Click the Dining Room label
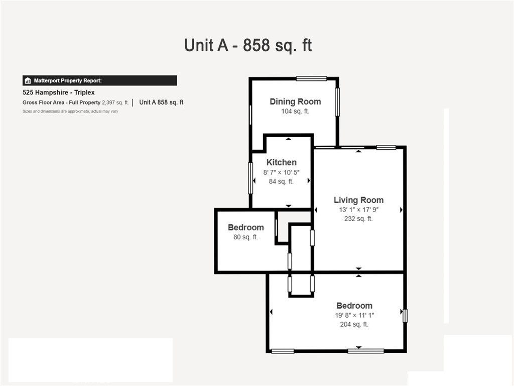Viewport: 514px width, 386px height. tap(295, 102)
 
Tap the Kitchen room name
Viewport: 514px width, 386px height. tap(281, 162)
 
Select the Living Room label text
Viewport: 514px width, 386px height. tap(358, 200)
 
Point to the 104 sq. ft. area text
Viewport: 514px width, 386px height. tap(295, 111)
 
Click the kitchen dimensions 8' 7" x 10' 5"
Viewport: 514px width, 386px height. tap(281, 172)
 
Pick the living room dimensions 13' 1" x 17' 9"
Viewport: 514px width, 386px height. tap(358, 210)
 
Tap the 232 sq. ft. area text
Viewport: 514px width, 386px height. tap(358, 219)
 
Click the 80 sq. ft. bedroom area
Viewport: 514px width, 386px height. tap(246, 237)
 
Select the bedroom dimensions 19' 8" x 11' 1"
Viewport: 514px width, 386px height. tap(354, 316)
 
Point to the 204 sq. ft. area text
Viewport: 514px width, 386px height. tap(354, 324)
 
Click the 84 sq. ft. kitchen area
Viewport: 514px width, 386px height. tap(281, 181)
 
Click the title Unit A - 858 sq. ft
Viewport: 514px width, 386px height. tap(248, 45)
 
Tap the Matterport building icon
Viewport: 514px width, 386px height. tap(28, 81)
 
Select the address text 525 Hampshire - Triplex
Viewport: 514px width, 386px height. tap(59, 92)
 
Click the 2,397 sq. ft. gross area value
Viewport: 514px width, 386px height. tap(115, 103)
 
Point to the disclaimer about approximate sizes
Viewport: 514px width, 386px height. tap(70, 111)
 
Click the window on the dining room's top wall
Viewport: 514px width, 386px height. tap(311, 78)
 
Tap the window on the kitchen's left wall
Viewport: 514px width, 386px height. tap(251, 178)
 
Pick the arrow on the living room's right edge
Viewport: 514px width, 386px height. tap(401, 210)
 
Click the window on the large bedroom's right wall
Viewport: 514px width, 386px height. tap(405, 316)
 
